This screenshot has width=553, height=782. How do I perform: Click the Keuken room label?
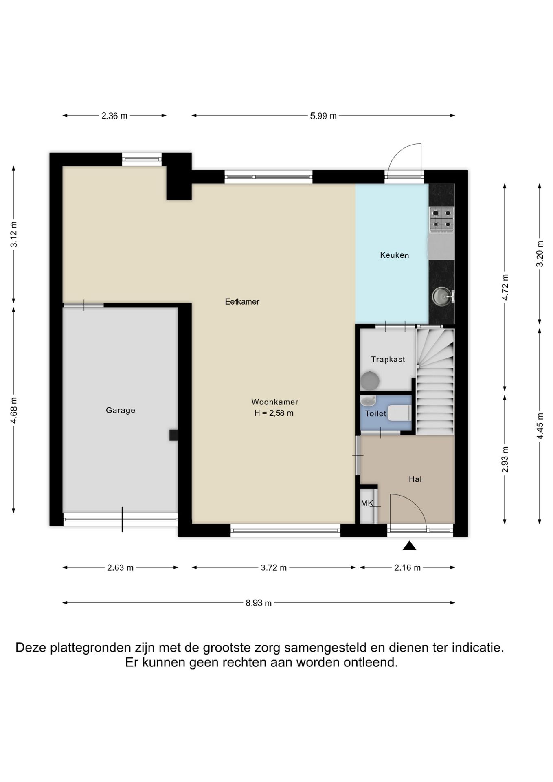394,255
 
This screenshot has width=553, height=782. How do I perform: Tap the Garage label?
121,410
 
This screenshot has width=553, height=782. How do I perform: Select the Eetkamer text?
242,301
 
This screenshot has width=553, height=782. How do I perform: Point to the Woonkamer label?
275,402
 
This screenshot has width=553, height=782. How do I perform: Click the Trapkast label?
388,359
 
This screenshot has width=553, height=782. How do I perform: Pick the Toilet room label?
375,414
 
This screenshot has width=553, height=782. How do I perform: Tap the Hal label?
415,479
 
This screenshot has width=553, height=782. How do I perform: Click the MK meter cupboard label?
367,503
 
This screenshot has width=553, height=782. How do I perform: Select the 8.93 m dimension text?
259,603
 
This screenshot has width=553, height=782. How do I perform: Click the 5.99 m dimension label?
323,116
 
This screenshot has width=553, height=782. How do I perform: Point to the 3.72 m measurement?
274,567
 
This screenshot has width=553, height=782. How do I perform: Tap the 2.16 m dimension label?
407,567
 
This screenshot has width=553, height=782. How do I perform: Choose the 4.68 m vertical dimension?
13,410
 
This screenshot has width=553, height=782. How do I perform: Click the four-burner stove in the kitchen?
442,220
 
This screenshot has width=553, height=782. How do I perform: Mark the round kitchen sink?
442,296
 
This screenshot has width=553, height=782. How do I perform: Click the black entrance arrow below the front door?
409,546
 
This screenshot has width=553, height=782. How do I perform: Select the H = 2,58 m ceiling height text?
274,413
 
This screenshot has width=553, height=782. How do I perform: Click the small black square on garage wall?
174,435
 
